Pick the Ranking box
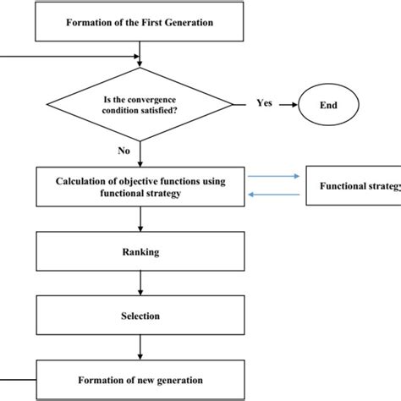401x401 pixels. point(140,251)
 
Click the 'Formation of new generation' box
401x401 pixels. point(140,380)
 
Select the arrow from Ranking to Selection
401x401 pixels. point(140,283)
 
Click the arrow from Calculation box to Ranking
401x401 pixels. point(140,218)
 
